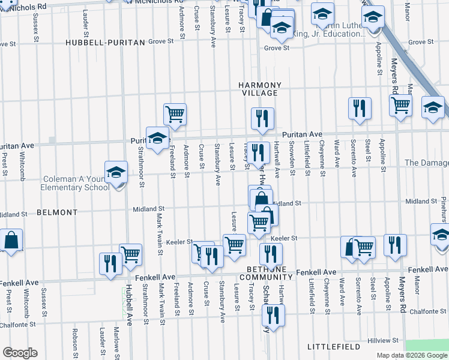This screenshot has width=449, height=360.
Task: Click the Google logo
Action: click(x=20, y=353)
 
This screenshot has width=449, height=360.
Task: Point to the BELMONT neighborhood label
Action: click(x=57, y=212)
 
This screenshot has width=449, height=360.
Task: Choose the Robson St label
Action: click(x=75, y=339)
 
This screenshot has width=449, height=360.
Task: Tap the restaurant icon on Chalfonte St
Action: click(x=273, y=315)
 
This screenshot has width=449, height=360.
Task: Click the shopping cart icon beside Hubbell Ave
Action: click(x=130, y=254)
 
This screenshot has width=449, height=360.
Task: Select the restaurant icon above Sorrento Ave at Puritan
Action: click(x=360, y=108)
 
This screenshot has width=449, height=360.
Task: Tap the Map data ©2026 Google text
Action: click(x=412, y=355)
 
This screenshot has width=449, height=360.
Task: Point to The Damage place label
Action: click(x=426, y=163)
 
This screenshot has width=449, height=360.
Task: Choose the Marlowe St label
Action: click(x=116, y=340)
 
